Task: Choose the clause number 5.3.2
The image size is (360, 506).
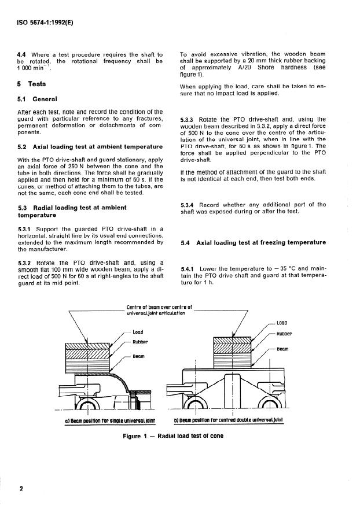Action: coord(26,263)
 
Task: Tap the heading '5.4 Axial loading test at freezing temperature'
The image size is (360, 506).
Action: coord(253,242)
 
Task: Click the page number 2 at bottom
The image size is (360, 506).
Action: coord(20,489)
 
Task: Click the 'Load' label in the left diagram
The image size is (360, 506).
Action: coord(138,333)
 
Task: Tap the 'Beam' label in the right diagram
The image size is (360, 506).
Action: coord(282,349)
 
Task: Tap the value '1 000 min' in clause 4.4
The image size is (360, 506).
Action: coord(36,68)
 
